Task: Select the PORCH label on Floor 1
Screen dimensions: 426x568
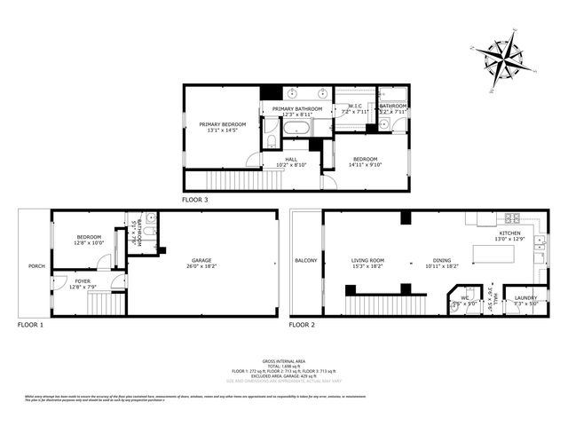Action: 36,265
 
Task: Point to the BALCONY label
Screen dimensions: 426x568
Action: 306,260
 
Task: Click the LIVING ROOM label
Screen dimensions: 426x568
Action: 367,260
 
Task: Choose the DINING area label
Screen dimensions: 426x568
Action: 441,260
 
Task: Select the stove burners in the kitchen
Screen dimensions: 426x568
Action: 512,217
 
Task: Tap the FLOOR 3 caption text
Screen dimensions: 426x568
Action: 194,200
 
